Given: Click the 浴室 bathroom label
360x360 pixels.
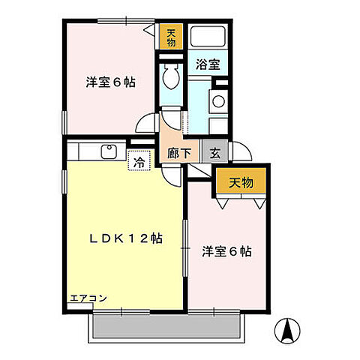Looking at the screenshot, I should tap(208, 64).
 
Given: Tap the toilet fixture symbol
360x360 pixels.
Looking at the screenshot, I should tap(170, 76).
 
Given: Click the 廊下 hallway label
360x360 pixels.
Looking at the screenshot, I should tap(178, 153).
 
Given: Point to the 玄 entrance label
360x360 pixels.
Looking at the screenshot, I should tap(214, 153).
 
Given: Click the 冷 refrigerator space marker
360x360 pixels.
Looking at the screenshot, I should tap(139, 160).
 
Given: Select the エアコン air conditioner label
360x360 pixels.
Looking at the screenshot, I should tap(88, 298).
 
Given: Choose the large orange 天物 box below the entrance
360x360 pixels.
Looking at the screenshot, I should tap(241, 181).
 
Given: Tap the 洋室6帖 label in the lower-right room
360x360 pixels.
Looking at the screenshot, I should tap(226, 251).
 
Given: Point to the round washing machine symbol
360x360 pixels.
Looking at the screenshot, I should tap(219, 102).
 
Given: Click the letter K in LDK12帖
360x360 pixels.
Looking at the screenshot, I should tap(116, 238).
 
